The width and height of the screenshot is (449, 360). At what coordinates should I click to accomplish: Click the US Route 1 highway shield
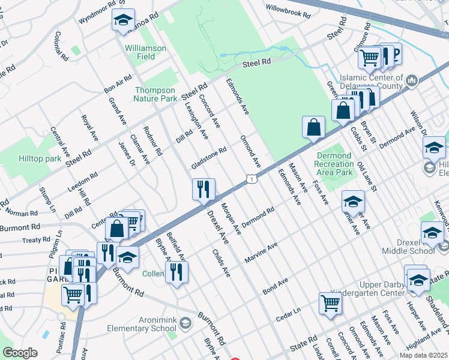(x=252, y=179)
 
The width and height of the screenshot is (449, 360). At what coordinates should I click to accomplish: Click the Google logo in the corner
(x=20, y=353)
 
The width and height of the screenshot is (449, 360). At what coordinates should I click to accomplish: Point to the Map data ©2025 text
(x=424, y=355)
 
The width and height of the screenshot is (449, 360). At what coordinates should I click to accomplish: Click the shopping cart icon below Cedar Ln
(x=330, y=302)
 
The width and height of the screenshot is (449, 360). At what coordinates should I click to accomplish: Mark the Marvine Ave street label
(x=261, y=253)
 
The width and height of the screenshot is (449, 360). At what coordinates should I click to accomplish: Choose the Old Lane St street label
(x=366, y=176)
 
